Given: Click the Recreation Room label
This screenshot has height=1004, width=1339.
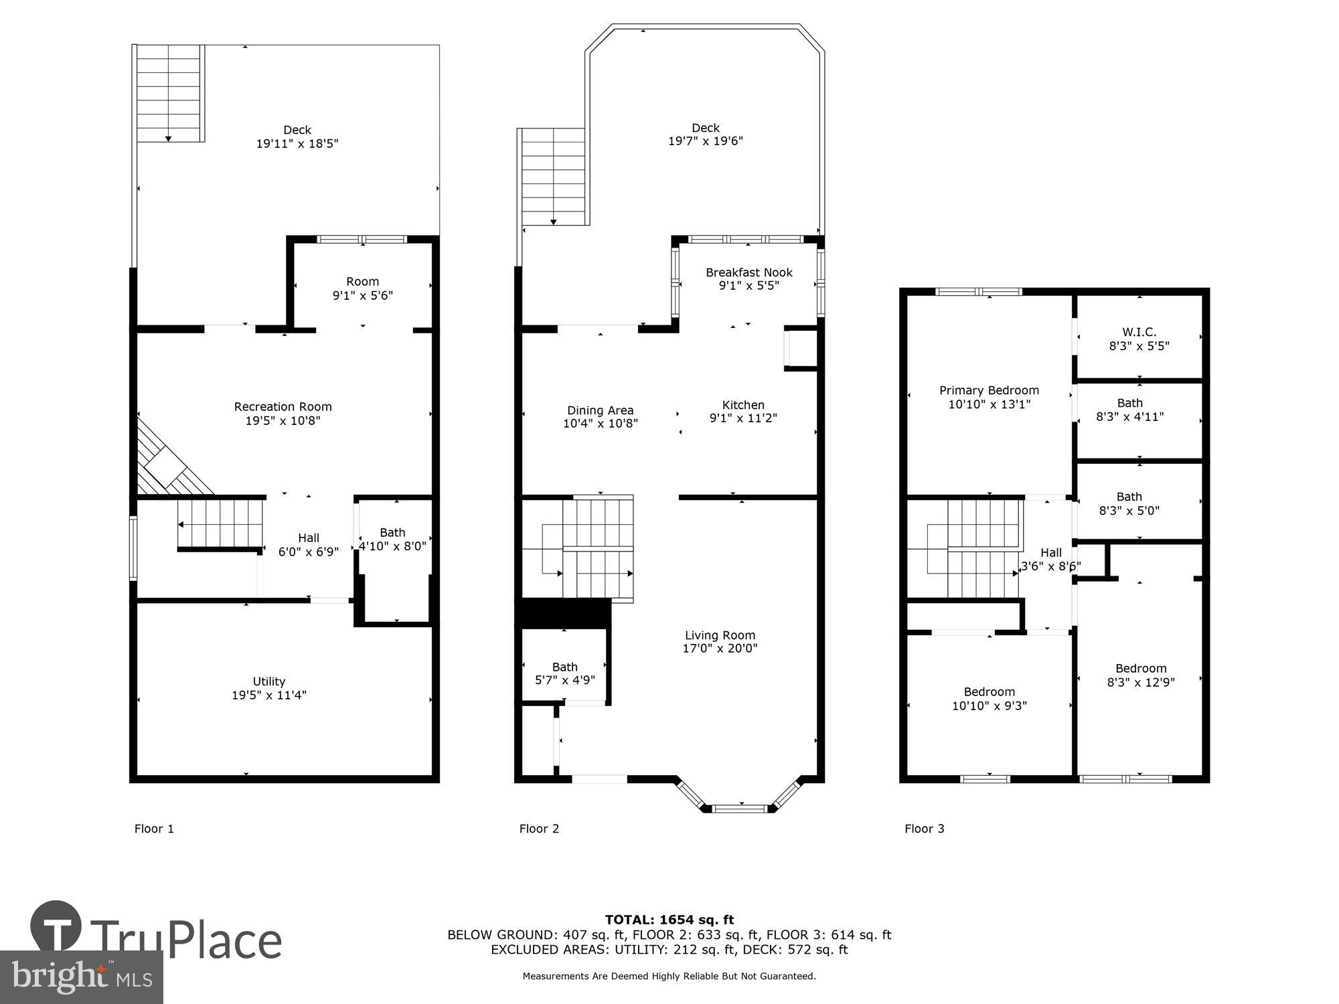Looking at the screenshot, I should [283, 406].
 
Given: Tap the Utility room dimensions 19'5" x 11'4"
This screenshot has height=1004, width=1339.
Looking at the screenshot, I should [269, 695].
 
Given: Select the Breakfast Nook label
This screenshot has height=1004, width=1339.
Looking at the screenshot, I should [749, 272].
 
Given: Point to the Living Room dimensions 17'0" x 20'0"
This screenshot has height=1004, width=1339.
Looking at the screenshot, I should [720, 648].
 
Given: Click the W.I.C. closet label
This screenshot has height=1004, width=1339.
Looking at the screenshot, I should [1139, 332].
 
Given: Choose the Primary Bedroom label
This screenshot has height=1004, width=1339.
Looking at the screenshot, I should [989, 390].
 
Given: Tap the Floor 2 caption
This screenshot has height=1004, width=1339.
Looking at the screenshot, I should [539, 829].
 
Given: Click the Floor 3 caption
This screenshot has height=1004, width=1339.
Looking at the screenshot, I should [924, 829].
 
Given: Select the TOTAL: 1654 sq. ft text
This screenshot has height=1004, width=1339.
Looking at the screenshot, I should [669, 920].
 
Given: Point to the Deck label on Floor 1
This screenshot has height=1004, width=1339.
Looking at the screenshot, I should [297, 130].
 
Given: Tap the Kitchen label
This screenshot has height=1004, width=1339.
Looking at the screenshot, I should [743, 405].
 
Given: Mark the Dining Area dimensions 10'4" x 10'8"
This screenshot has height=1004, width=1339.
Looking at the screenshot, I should [600, 423].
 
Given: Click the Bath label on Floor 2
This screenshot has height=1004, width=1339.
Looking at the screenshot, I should [564, 667].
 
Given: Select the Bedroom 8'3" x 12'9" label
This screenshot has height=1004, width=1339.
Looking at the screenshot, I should [1140, 668].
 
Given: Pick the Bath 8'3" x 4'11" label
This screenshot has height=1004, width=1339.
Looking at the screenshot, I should [1129, 403].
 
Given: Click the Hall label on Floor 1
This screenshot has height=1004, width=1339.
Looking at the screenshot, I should [308, 537].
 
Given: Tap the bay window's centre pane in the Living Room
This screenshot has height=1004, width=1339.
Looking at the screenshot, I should [740, 809].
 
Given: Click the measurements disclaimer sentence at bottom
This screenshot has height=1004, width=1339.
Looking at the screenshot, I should [669, 976].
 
